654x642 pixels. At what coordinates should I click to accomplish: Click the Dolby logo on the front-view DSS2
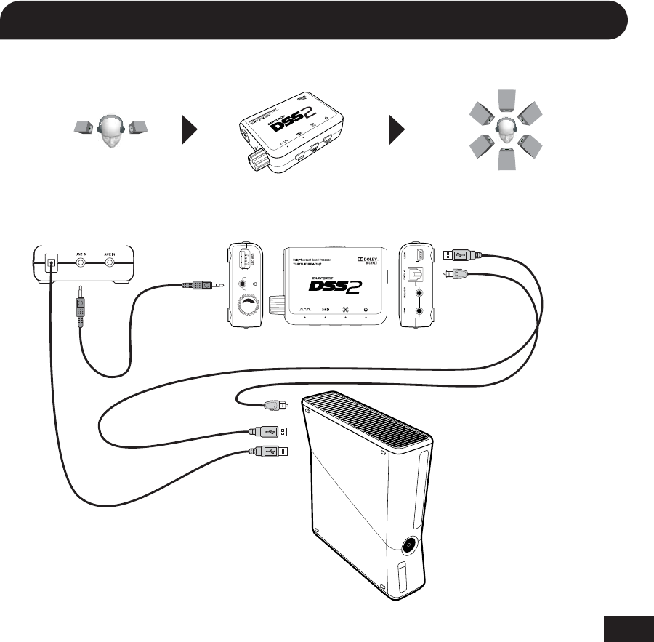371,259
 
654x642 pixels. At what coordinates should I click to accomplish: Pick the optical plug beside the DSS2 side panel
457,275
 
